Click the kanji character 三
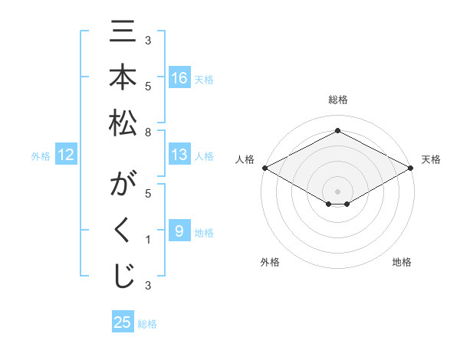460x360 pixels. coord(124,35)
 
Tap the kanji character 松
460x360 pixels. coord(124,125)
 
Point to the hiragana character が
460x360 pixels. coord(124,186)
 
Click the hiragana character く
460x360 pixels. coord(124,232)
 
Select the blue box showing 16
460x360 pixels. coord(179,77)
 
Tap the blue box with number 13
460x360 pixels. coord(179,155)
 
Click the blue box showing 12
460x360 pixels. coord(66,155)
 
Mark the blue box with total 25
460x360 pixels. coord(123,322)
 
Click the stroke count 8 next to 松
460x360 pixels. coord(148,132)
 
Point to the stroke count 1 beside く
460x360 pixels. coord(148,240)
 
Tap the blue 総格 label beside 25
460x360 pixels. coord(148,324)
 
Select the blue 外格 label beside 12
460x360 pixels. coord(41,156)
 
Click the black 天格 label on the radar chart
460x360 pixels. coord(432,159)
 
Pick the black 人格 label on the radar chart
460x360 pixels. coord(245,159)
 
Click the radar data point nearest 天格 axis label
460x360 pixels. coord(412,168)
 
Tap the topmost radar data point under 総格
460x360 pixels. coord(337,131)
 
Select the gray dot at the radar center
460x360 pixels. coord(337,189)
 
